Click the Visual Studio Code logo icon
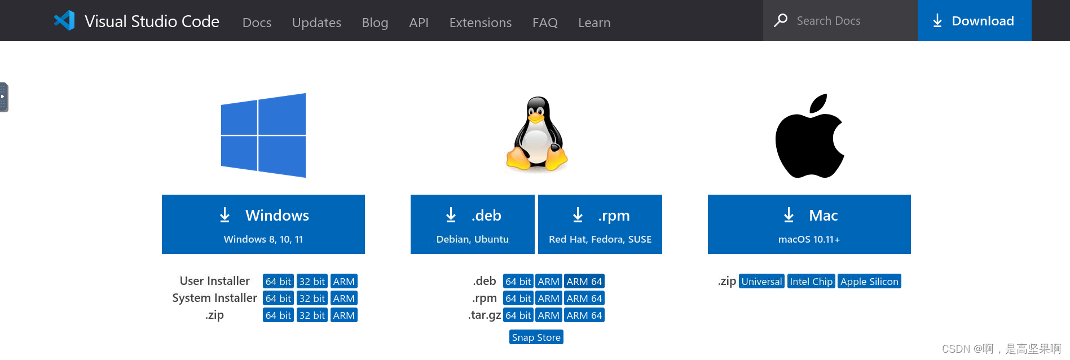click(x=64, y=20)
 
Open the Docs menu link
click(x=257, y=23)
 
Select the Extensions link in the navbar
click(x=481, y=23)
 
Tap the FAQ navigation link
click(x=545, y=23)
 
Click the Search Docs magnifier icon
click(x=781, y=20)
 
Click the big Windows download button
click(x=263, y=224)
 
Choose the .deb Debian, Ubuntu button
click(x=473, y=224)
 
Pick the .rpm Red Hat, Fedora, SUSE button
click(x=600, y=224)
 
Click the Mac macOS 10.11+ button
click(x=809, y=224)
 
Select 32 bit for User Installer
click(x=312, y=281)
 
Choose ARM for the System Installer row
click(x=344, y=298)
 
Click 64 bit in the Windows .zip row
click(x=278, y=315)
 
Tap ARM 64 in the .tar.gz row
click(x=584, y=315)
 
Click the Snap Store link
click(x=536, y=337)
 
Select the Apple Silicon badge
click(x=869, y=281)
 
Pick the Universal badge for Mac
click(x=761, y=281)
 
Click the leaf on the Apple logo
click(x=818, y=104)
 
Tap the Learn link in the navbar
click(x=595, y=23)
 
